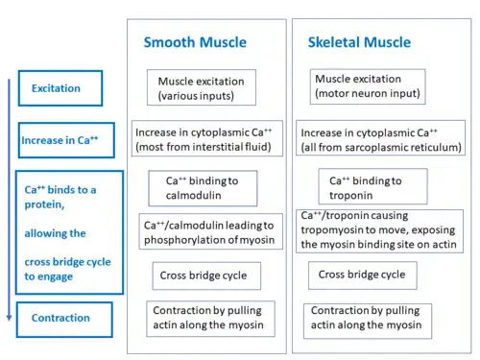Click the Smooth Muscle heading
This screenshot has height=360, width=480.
(195, 42)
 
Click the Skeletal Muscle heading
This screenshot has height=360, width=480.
(359, 42)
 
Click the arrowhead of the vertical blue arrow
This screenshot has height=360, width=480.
(9, 318)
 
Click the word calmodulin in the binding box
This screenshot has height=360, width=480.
(193, 195)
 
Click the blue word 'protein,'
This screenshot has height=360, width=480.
(44, 204)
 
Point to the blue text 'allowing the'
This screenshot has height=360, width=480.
(55, 233)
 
